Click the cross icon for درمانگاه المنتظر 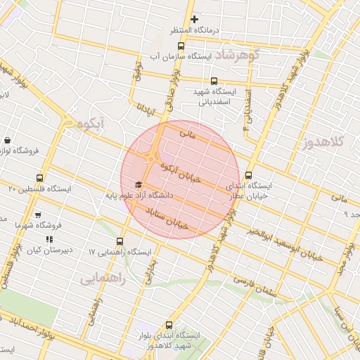coord(195,19)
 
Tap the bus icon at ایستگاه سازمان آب coord(181,46)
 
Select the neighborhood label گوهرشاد coord(239,55)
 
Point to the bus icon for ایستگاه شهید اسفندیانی coord(215,80)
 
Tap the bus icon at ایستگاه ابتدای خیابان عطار coord(248,176)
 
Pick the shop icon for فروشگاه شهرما coord(38,215)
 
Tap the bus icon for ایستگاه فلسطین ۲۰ coord(39,178)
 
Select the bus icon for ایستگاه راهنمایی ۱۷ coord(120,241)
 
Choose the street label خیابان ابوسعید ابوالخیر coord(285,244)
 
